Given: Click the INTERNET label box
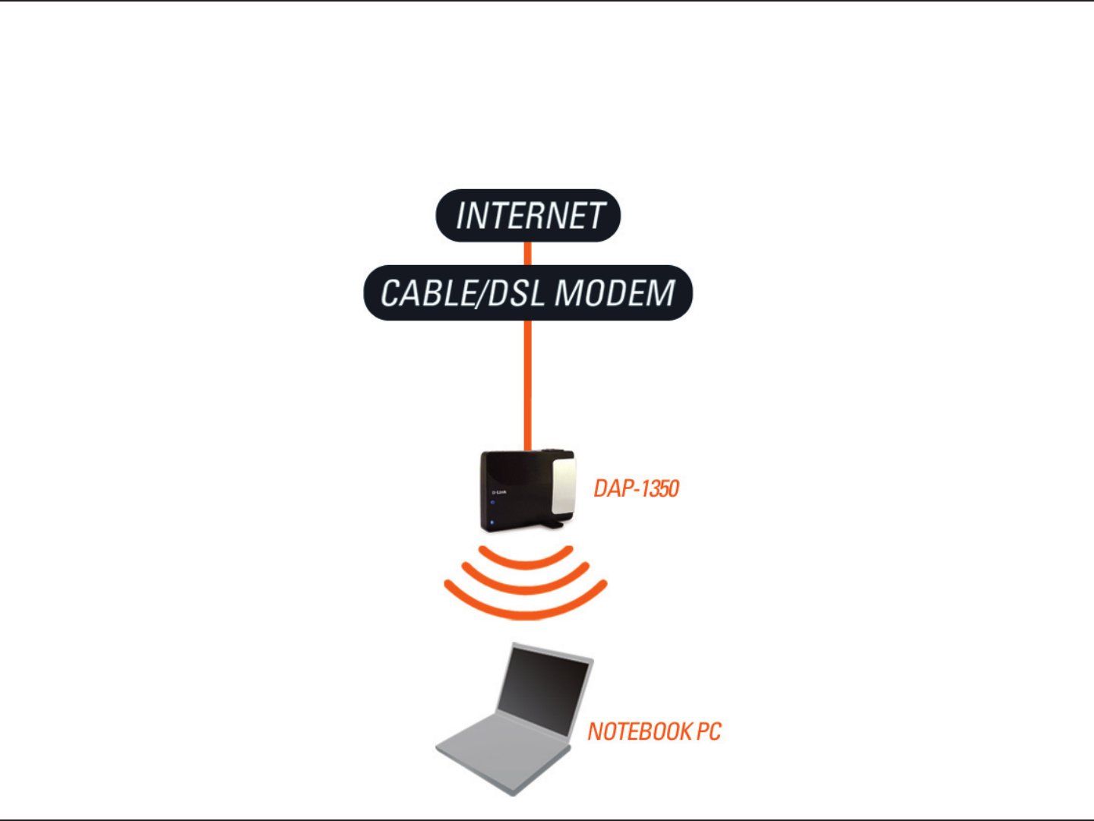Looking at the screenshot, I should click(528, 216).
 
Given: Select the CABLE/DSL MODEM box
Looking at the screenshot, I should click(528, 293).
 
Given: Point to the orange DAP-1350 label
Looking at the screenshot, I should click(636, 488).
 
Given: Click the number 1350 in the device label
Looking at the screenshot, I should click(658, 488).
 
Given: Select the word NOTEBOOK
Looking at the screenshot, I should click(640, 731).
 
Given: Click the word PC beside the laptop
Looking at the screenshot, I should click(708, 731).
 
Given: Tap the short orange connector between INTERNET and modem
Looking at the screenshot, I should click(528, 254).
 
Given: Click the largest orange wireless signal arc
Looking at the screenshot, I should click(526, 611).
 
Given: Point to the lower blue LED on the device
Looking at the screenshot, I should click(493, 522).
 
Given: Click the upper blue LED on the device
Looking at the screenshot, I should click(493, 503).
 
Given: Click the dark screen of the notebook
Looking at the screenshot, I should click(544, 690).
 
